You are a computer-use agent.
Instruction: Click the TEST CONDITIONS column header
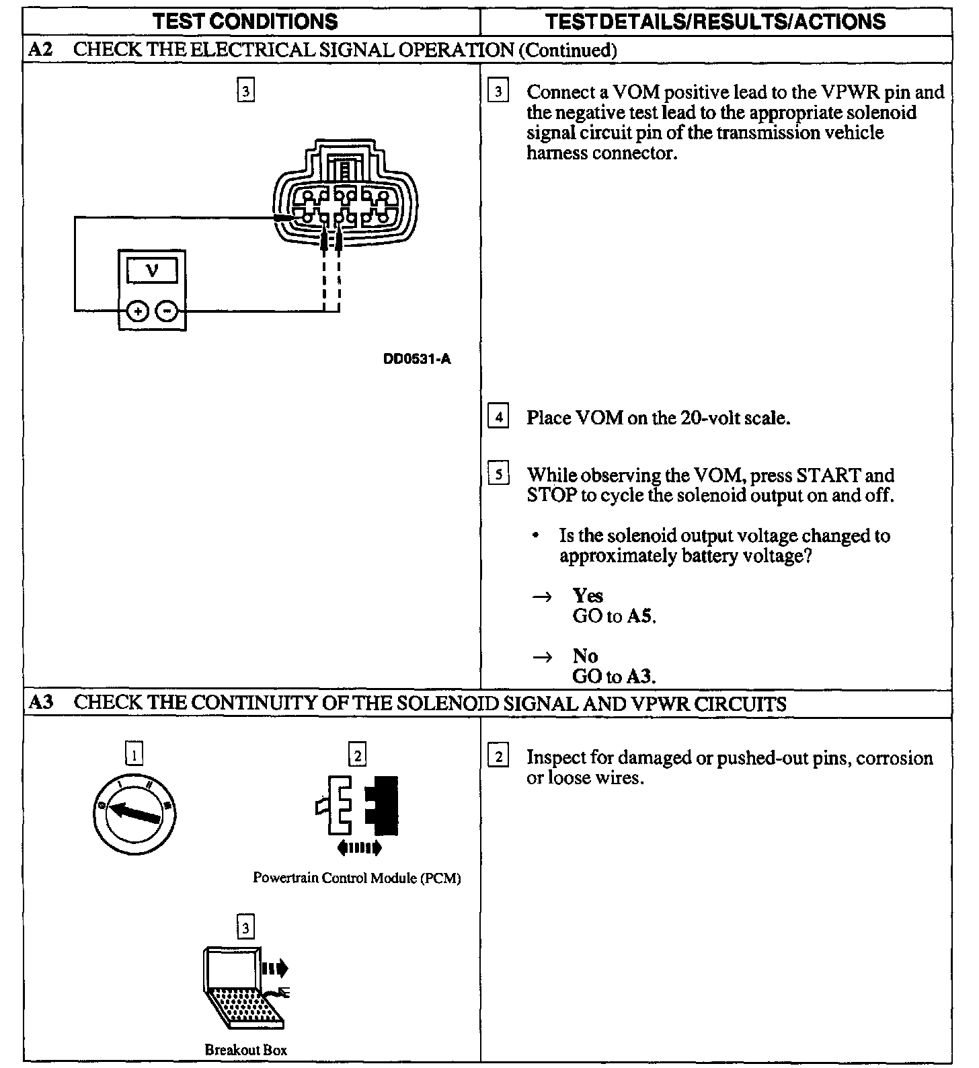click(245, 22)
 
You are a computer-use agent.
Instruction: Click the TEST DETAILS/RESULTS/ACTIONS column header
click(715, 22)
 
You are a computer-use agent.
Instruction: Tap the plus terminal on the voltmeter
click(137, 311)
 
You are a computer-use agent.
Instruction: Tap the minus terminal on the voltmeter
click(167, 311)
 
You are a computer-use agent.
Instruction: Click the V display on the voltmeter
click(152, 270)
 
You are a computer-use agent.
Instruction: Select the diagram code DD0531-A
click(417, 359)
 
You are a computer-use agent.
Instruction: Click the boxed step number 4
click(498, 418)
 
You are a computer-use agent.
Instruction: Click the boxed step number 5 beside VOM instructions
click(498, 475)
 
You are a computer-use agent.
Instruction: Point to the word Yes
click(588, 596)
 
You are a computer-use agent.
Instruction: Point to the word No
click(585, 656)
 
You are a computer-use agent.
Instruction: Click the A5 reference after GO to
click(640, 616)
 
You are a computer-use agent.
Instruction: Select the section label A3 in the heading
click(41, 703)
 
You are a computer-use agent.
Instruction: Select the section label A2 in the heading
click(41, 50)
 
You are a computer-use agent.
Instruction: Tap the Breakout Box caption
click(245, 1049)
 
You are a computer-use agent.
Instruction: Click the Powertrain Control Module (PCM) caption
click(356, 878)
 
